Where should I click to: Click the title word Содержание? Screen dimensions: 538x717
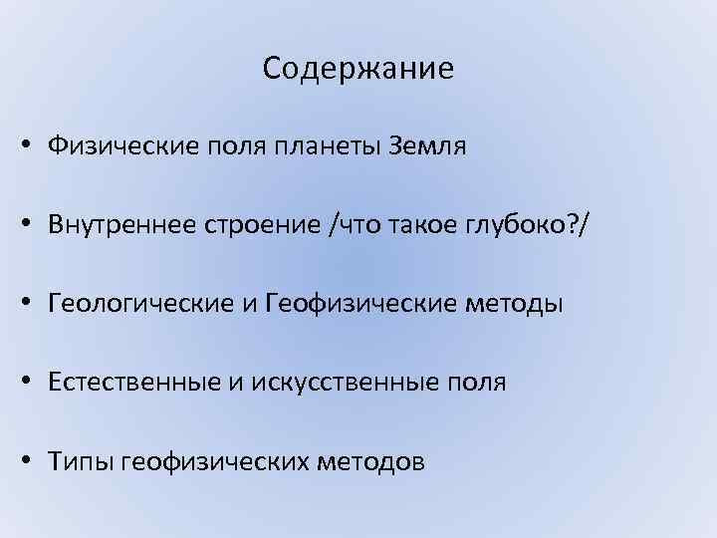358,68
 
